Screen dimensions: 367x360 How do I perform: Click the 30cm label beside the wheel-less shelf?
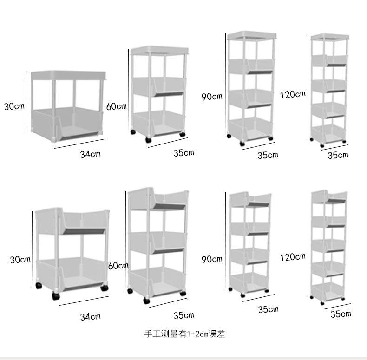pyautogui.click(x=14, y=106)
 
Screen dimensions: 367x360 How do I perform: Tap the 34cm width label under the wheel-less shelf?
pyautogui.click(x=90, y=154)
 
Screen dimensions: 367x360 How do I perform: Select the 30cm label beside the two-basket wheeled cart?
pyautogui.click(x=20, y=259)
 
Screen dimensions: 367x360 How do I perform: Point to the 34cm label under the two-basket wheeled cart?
pyautogui.click(x=90, y=317)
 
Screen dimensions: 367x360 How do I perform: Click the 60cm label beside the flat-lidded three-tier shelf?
pyautogui.click(x=117, y=106)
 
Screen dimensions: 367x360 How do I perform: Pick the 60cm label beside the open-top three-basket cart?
pyautogui.click(x=118, y=266)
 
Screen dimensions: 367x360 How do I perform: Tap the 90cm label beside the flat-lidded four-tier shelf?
pyautogui.click(x=211, y=97)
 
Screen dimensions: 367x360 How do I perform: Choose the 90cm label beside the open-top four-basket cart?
pyautogui.click(x=211, y=259)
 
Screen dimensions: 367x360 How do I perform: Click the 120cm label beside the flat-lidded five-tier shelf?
pyautogui.click(x=293, y=94)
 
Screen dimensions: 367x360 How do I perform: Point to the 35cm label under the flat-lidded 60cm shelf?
pyautogui.click(x=183, y=152)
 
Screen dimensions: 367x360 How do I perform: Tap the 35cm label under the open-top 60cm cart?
pyautogui.click(x=183, y=315)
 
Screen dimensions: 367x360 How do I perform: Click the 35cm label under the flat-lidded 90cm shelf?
pyautogui.click(x=268, y=155)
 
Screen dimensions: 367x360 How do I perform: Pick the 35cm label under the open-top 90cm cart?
pyautogui.click(x=268, y=309)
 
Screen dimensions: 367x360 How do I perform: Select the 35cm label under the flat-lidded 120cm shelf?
pyautogui.click(x=338, y=155)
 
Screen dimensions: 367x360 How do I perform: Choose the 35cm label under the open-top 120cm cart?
pyautogui.click(x=341, y=314)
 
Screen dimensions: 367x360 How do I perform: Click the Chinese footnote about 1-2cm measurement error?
pyautogui.click(x=185, y=334)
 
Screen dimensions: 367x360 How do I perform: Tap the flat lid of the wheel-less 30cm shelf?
pyautogui.click(x=69, y=75)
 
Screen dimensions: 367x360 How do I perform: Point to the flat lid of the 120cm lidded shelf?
pyautogui.click(x=329, y=37)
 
